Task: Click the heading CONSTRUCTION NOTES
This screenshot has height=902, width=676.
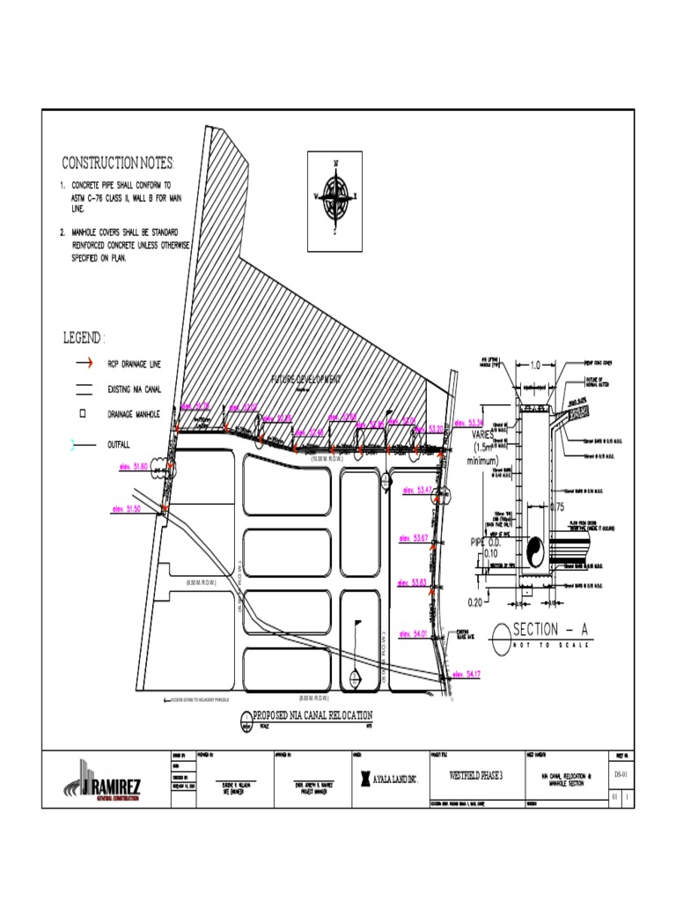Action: click(x=118, y=164)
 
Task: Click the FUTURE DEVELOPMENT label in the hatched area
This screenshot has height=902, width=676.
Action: click(x=305, y=379)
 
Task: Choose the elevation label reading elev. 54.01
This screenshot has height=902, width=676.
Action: click(x=413, y=632)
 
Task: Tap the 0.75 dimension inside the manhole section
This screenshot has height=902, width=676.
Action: click(x=556, y=506)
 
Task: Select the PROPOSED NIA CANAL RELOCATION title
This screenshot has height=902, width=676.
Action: click(x=312, y=715)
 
